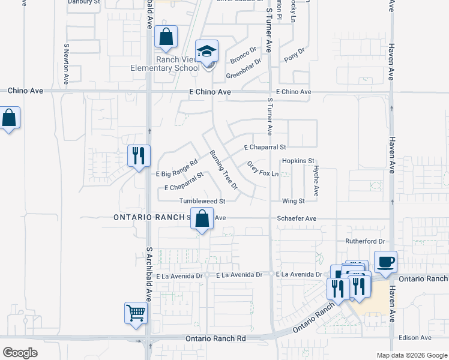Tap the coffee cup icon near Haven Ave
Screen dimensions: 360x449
coord(385,262)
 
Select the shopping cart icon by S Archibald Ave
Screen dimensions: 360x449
coord(136,311)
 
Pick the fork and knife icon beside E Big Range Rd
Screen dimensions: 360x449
coord(139,156)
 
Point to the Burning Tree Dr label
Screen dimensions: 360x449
coord(223,170)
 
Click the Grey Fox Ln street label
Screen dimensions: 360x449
coord(264,169)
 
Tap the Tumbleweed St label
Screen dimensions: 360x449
coord(202,201)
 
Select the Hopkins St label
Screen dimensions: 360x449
coord(298,161)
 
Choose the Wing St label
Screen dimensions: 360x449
coord(294,201)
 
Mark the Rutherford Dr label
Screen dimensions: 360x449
coord(364,241)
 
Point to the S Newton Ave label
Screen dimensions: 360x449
coord(66,63)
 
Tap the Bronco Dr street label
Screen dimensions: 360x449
coord(244,53)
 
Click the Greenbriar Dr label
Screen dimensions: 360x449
coord(244,68)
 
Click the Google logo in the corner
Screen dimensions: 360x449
coord(20,352)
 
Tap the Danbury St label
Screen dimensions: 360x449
coord(83,2)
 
